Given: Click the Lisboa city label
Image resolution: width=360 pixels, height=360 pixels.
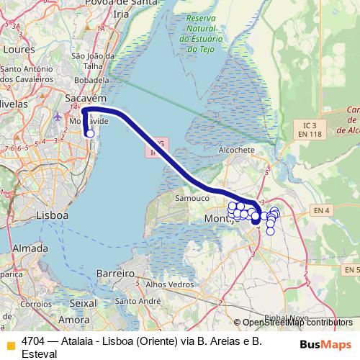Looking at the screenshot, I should tap(52, 215).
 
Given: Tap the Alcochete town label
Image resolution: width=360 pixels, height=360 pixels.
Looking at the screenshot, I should tap(237, 150).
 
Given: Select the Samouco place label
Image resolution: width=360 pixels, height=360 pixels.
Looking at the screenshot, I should tap(192, 197).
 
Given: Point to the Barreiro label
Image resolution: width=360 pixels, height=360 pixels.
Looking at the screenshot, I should tap(116, 274).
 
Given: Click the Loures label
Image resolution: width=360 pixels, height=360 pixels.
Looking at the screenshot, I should tap(18, 50).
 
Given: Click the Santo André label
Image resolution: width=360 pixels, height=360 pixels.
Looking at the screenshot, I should tap(137, 301).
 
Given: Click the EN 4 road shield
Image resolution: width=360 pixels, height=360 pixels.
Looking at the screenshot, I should tap(321, 210).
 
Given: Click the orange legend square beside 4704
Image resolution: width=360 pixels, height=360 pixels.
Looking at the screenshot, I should tap(10, 345).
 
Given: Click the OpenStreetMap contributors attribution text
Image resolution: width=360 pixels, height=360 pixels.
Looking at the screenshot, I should tap(297, 323).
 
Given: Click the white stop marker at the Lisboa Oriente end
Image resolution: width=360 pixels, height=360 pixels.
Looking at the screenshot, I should tap(90, 133).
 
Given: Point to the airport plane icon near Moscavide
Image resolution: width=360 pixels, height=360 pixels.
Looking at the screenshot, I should tap(58, 116).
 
